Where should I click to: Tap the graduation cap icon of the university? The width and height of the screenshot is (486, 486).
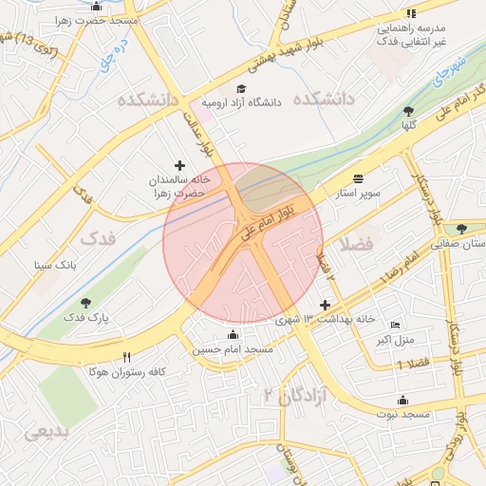click(x=240, y=88)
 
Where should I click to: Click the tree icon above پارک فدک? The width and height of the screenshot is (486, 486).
click(x=86, y=303)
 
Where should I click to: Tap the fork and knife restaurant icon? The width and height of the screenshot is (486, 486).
click(x=127, y=356)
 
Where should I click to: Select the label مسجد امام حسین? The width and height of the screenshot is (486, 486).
click(x=234, y=350)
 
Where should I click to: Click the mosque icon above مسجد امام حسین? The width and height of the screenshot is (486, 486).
click(x=234, y=334)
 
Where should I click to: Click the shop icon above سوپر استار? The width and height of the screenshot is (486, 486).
click(x=358, y=178)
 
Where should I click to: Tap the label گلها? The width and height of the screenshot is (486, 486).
click(x=409, y=125)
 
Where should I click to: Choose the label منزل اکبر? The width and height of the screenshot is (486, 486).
click(x=389, y=339)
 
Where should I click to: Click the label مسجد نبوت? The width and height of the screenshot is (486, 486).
click(x=403, y=415)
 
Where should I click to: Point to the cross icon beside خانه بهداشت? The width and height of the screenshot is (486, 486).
click(x=327, y=305)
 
